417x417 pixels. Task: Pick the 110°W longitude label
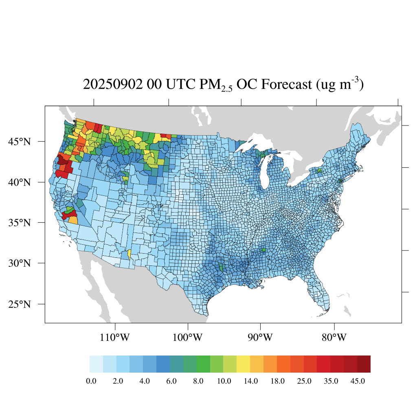click(x=115, y=338)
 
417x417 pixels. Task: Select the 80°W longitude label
click(x=334, y=338)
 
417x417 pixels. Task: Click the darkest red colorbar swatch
click(x=364, y=364)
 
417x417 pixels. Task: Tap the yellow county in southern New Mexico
click(x=129, y=254)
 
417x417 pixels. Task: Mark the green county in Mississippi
click(x=263, y=250)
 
